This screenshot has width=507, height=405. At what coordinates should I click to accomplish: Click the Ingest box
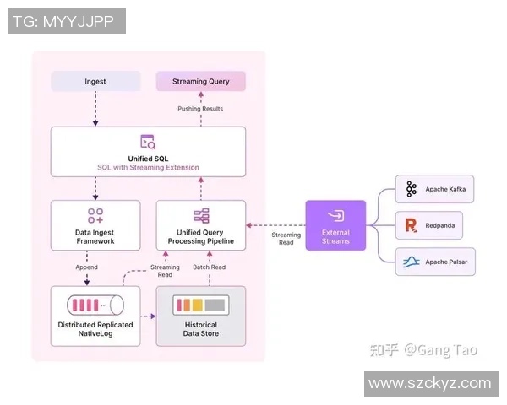pyautogui.click(x=95, y=81)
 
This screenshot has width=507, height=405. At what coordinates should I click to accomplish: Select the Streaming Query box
pyautogui.click(x=200, y=81)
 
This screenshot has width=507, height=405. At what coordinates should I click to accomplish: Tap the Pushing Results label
pyautogui.click(x=200, y=109)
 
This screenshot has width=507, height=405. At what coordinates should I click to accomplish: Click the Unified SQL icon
pyautogui.click(x=148, y=142)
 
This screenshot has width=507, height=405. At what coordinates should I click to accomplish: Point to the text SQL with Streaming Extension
pyautogui.click(x=148, y=167)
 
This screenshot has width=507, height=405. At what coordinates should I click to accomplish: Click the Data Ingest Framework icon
pyautogui.click(x=95, y=216)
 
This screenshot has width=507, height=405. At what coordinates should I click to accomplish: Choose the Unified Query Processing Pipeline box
pyautogui.click(x=200, y=225)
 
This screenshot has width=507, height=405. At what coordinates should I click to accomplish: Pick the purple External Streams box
pyautogui.click(x=335, y=225)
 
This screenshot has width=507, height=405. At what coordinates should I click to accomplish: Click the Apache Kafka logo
pyautogui.click(x=412, y=189)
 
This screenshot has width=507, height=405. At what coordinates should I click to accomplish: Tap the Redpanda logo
pyautogui.click(x=412, y=225)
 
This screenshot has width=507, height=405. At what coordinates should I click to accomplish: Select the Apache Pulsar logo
pyautogui.click(x=412, y=262)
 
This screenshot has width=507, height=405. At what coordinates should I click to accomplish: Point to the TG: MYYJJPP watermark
pyautogui.click(x=67, y=21)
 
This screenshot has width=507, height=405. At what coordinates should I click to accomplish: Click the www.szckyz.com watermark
pyautogui.click(x=429, y=383)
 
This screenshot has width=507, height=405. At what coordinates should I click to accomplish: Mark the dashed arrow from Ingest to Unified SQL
pyautogui.click(x=95, y=109)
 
